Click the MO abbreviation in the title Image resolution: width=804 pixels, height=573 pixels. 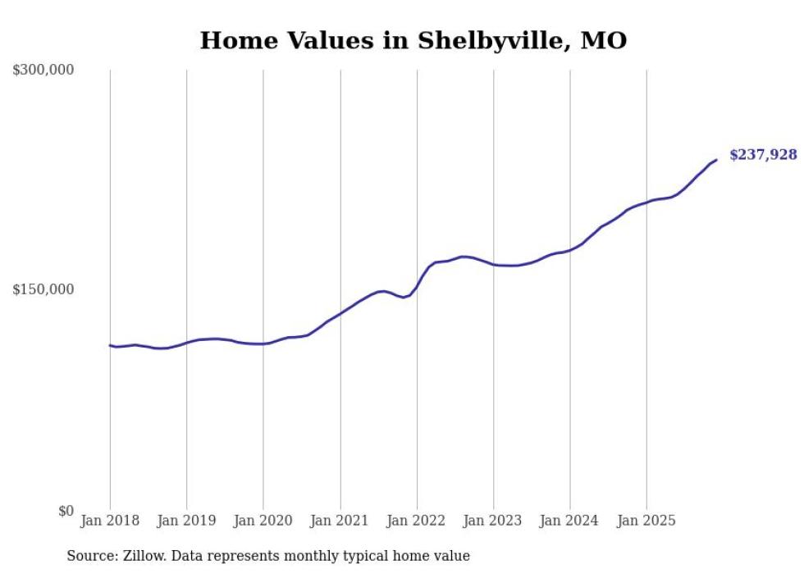(x=603, y=41)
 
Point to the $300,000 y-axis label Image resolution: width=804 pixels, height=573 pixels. (x=43, y=70)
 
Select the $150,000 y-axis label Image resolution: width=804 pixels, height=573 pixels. (x=43, y=289)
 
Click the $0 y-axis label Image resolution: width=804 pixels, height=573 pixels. (x=66, y=511)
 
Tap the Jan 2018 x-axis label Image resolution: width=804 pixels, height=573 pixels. (x=110, y=521)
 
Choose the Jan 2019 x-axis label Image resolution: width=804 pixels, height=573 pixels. (x=186, y=521)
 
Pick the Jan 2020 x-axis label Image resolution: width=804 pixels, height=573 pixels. (x=263, y=521)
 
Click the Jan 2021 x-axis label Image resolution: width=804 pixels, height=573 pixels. (x=340, y=521)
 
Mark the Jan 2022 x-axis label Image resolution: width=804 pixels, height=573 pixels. (x=417, y=521)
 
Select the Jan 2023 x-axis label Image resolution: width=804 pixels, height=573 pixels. (x=493, y=521)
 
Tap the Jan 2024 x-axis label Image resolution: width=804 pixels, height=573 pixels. (x=570, y=521)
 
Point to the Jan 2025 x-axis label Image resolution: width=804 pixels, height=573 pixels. (x=646, y=521)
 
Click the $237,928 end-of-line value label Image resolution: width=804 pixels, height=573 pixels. (x=762, y=154)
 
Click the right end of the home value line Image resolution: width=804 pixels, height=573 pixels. (x=716, y=160)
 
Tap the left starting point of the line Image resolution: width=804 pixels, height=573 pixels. (x=110, y=345)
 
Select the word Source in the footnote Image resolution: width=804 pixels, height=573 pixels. (x=90, y=556)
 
